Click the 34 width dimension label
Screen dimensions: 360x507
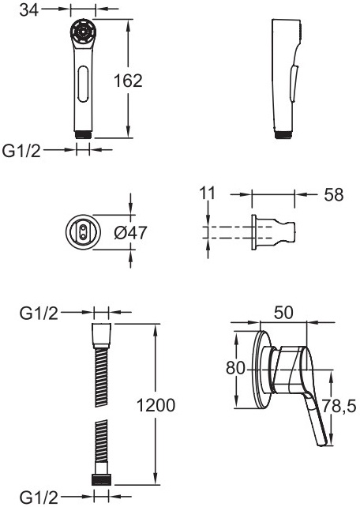pos(28,9)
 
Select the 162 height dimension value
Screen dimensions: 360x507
pos(128,81)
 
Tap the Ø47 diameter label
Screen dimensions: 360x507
pos(130,232)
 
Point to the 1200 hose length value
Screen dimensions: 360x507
pos(156,405)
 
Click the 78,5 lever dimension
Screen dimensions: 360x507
pos(339,406)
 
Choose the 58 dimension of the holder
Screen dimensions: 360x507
pos(334,194)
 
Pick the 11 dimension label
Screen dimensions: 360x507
pos(207,193)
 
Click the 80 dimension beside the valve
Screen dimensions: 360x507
pos(235,368)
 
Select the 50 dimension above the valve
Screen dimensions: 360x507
pos(283,313)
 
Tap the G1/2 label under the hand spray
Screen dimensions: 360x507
pos(21,151)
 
